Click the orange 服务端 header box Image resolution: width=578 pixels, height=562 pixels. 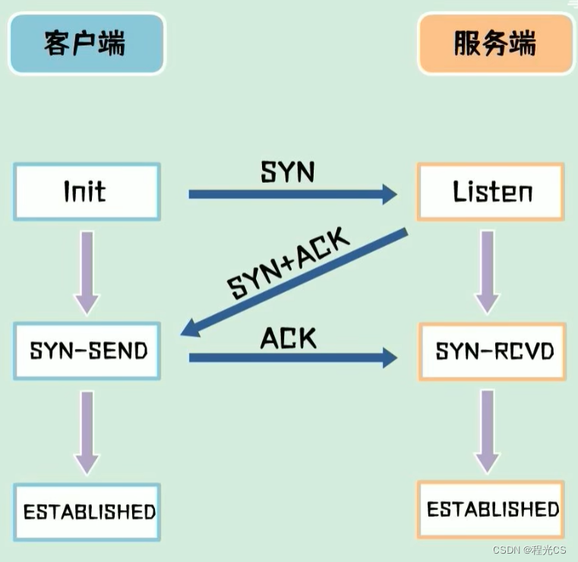(x=495, y=42)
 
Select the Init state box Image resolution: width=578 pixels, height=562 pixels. (x=87, y=192)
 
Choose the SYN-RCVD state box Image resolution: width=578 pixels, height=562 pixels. (x=492, y=352)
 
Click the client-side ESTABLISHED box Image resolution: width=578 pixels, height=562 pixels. (x=88, y=511)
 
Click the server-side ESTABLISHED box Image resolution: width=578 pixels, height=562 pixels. (x=492, y=508)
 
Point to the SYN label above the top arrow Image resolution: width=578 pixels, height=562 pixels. (x=287, y=172)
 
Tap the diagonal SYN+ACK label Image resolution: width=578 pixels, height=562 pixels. (x=289, y=265)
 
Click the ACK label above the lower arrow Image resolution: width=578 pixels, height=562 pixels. (x=288, y=338)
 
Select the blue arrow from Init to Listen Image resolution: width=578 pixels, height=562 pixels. (x=292, y=195)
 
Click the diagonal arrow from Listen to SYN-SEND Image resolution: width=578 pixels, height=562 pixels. (x=296, y=281)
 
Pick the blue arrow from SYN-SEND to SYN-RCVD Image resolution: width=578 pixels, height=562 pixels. (x=292, y=357)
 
